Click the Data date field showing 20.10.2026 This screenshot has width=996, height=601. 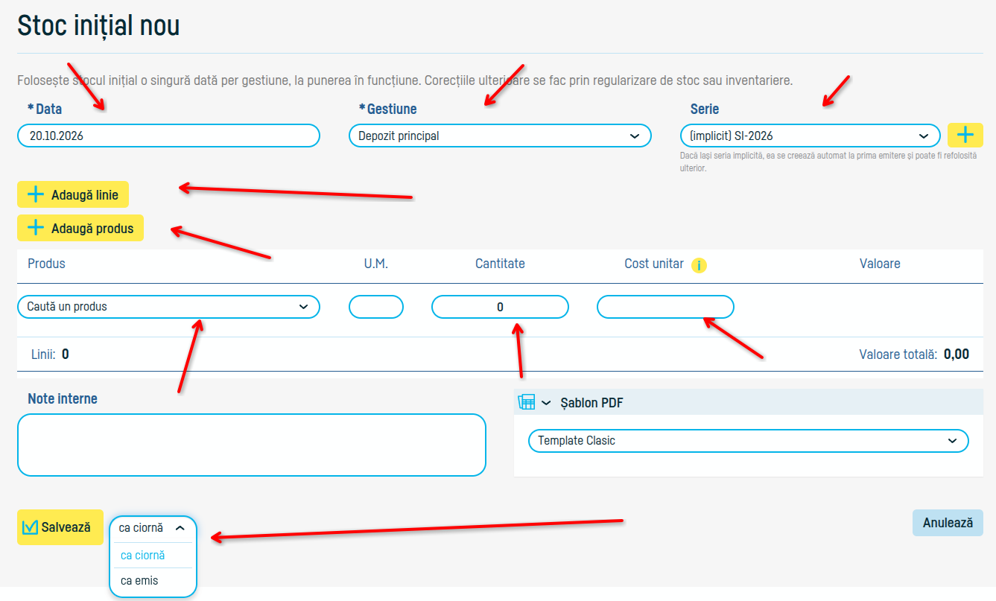click(x=168, y=136)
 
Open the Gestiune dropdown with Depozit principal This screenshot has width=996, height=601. click(x=500, y=136)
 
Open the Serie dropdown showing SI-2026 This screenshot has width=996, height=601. click(x=810, y=136)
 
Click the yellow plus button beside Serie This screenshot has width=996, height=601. click(x=965, y=135)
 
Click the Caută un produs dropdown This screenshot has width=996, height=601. click(x=168, y=307)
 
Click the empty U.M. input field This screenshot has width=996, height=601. click(x=375, y=307)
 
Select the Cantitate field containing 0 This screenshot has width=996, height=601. click(x=500, y=307)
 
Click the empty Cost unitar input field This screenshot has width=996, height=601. click(x=665, y=307)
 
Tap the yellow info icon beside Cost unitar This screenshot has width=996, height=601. click(x=699, y=265)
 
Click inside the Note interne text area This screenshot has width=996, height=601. click(x=252, y=445)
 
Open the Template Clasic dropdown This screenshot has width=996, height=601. click(x=749, y=441)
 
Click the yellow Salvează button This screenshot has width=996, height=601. click(x=60, y=527)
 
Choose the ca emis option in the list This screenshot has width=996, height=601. click(x=139, y=581)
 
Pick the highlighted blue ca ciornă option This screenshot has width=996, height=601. click(x=143, y=556)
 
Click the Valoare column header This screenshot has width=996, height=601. click(x=880, y=264)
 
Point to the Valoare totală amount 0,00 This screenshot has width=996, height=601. click(x=957, y=354)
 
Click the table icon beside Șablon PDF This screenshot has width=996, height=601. click(x=527, y=402)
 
